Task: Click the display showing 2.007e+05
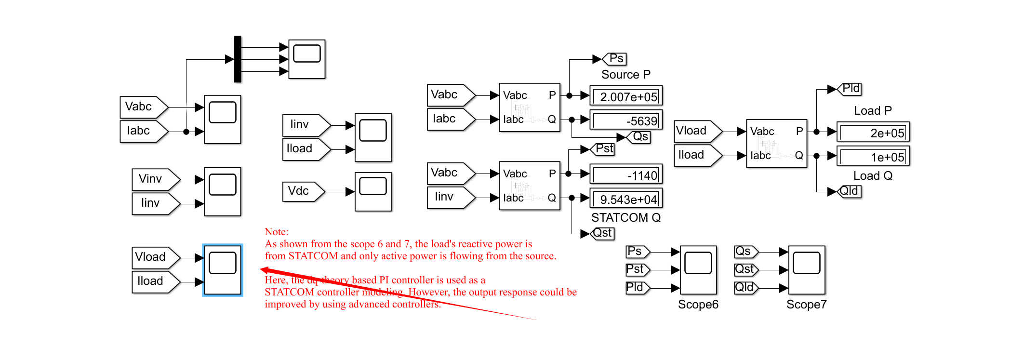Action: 626,96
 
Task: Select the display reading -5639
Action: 626,120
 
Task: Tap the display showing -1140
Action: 626,174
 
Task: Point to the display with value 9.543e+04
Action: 626,199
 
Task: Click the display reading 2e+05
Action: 873,132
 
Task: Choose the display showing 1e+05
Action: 873,156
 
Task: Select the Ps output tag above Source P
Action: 615,59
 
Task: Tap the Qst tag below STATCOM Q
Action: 602,234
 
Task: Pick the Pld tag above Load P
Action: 850,89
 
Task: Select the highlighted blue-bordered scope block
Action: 223,270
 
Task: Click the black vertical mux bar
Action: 238,59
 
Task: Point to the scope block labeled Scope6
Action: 698,270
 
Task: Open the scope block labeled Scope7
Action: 807,270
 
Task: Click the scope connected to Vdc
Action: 373,191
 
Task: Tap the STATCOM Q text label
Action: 625,218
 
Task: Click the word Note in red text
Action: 276,232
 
